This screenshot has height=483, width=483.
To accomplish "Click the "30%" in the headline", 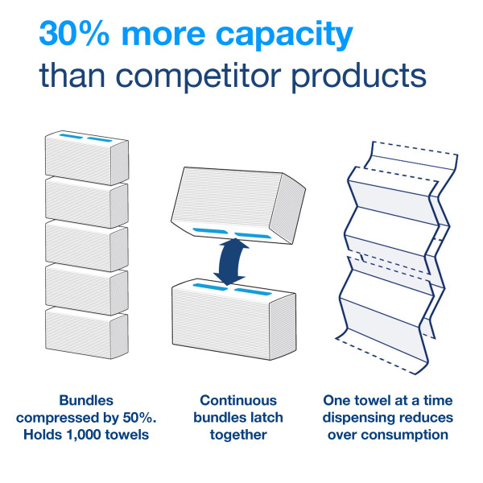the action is click(x=74, y=33).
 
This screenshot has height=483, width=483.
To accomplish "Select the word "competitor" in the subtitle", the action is click(x=198, y=77).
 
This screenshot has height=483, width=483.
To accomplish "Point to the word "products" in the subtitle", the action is click(x=359, y=77).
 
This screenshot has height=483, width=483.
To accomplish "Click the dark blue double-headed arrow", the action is click(x=231, y=262).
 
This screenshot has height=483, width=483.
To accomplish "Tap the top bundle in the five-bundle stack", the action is click(x=87, y=158).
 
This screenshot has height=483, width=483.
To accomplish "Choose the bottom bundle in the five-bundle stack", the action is click(x=87, y=332).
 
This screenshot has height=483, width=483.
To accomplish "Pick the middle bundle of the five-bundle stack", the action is click(x=87, y=246).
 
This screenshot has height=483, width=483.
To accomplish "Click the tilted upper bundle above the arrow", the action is click(x=238, y=205).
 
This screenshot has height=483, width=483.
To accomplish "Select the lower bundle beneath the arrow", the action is click(x=234, y=319).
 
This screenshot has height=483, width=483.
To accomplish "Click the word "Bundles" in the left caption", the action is click(x=86, y=400).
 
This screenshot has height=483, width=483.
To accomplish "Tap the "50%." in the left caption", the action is click(x=139, y=418).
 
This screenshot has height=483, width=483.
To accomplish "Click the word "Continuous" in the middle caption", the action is click(x=238, y=400).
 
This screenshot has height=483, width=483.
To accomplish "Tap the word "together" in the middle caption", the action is click(x=238, y=436).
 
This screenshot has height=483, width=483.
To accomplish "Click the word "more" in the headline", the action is click(x=163, y=34).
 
